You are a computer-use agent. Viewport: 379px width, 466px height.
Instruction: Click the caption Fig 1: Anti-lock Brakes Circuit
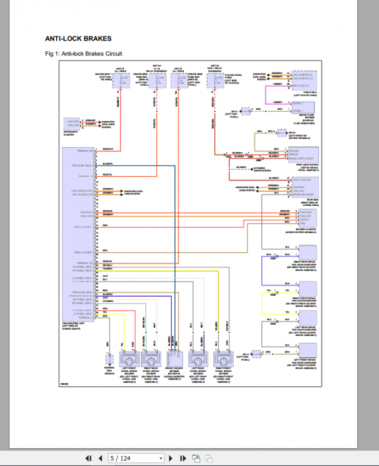pos(84,54)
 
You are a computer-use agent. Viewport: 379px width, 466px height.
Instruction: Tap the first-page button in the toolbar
pos(89,458)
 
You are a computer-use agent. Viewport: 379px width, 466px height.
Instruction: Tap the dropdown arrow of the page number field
pos(160,458)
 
